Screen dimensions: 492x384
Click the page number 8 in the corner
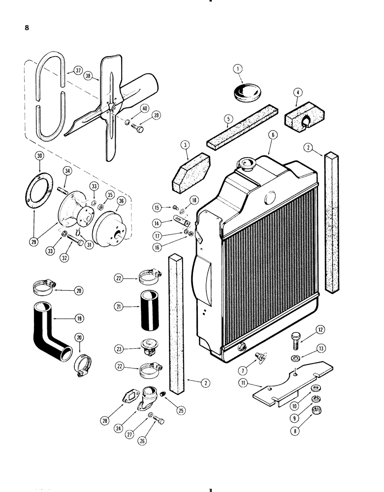click(26, 28)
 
